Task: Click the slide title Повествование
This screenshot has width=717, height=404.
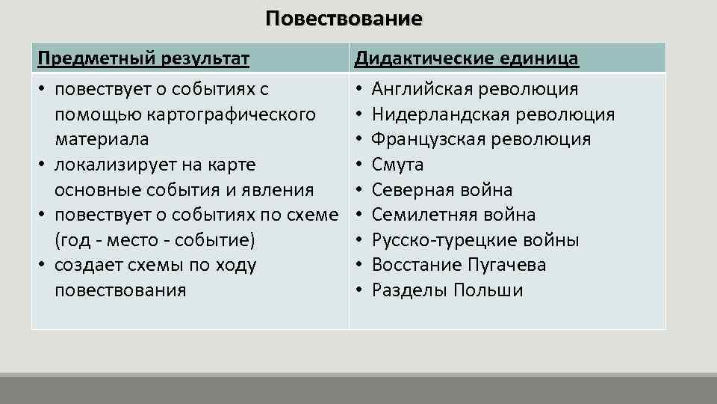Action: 344,18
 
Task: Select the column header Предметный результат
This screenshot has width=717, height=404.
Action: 143,58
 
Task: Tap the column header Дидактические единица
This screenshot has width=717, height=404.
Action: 466,58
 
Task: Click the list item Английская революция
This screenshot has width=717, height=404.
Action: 474,90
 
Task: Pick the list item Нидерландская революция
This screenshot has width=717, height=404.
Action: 493,114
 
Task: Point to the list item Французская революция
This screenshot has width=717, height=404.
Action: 481,140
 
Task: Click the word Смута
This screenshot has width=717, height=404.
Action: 397,165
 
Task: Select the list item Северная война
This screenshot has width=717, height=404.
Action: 442,190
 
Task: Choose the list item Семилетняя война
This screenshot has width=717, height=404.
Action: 453,215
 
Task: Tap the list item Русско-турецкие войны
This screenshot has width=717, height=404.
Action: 476,240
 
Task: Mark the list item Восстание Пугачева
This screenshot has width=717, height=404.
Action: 459,265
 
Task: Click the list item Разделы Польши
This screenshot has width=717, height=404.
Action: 447,290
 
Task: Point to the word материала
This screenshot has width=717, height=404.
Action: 102,140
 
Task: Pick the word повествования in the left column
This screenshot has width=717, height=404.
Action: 120,290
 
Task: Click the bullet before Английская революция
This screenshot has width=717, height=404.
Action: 359,90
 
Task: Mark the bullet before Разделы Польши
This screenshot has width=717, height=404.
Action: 359,290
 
